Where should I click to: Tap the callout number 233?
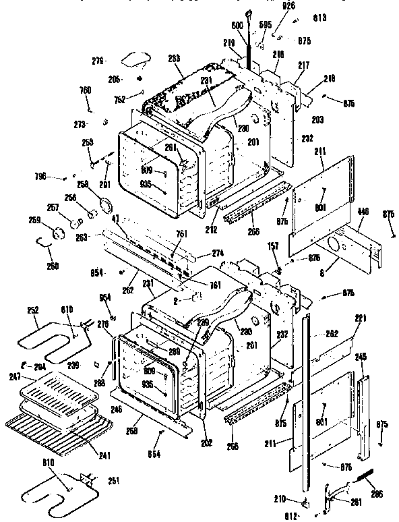[175, 59]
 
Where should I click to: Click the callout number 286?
[376, 494]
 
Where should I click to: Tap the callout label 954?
[104, 297]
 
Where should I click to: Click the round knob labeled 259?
[56, 232]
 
